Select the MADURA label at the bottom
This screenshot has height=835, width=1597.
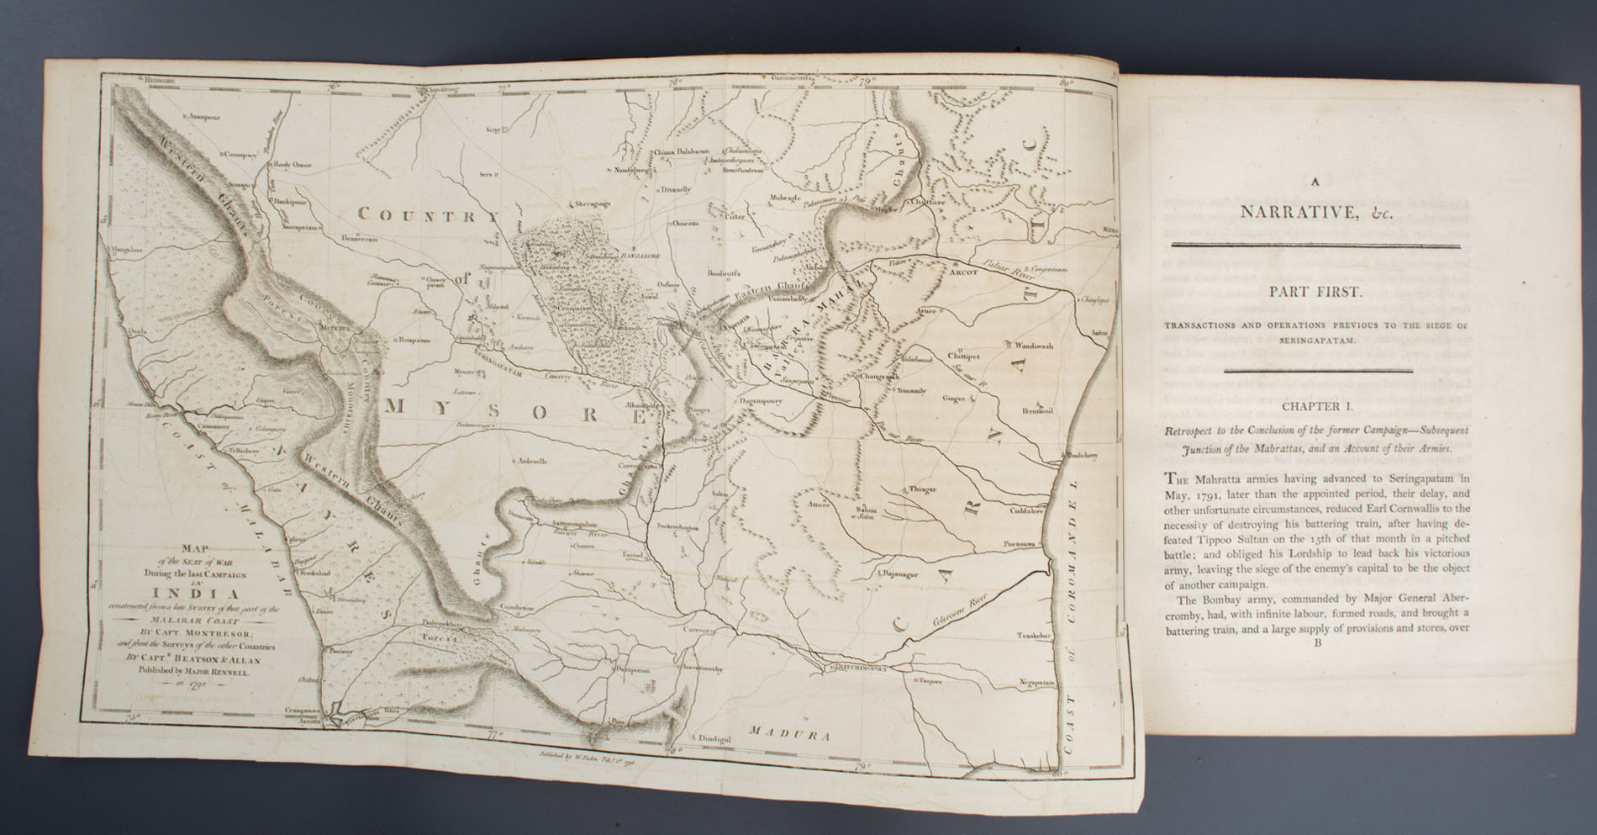tap(788, 733)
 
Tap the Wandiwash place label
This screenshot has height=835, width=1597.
tap(1034, 345)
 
